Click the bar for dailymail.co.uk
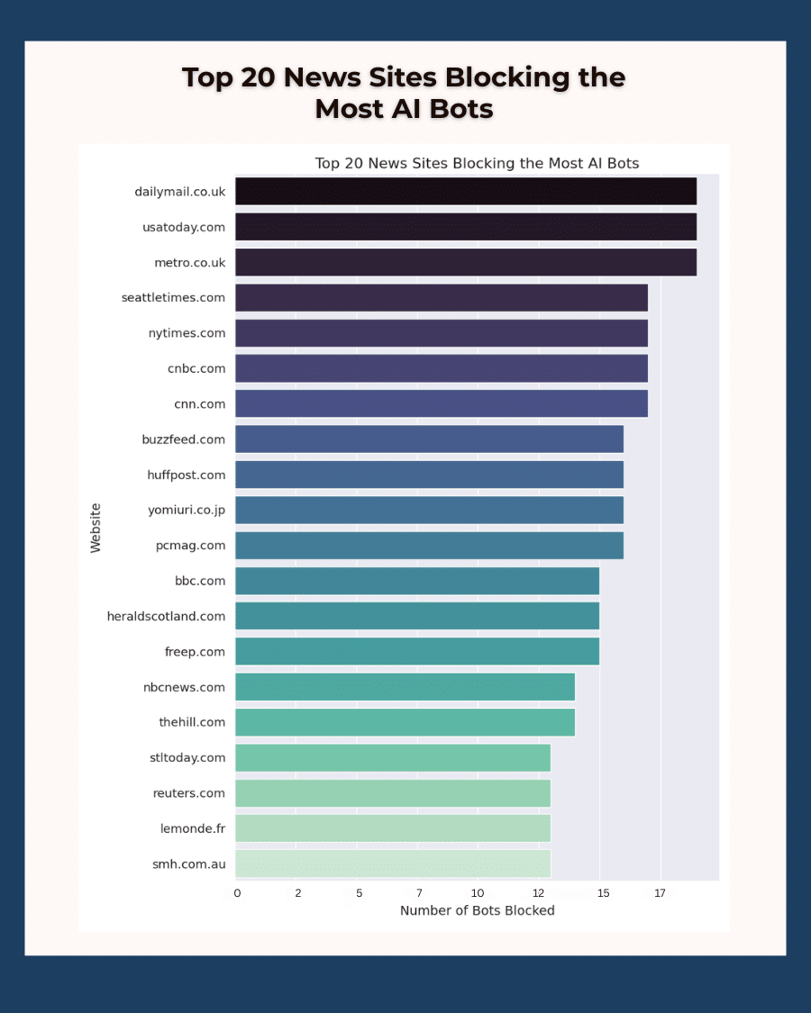click(x=465, y=191)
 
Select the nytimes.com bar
click(x=441, y=333)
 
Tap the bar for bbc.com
click(x=416, y=581)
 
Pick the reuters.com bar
click(x=392, y=793)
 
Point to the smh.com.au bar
click(x=392, y=864)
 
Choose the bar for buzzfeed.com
click(x=429, y=439)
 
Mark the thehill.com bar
click(x=405, y=722)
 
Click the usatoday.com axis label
click(x=184, y=227)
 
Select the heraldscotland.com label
click(x=166, y=616)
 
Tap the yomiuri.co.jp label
click(x=187, y=511)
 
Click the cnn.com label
click(x=200, y=404)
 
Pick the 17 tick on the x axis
click(x=660, y=893)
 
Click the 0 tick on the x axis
click(x=237, y=893)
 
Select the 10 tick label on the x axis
click(x=478, y=893)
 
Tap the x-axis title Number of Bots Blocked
click(x=477, y=910)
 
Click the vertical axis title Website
click(x=96, y=528)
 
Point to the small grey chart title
click(x=477, y=164)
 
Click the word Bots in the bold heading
click(x=460, y=109)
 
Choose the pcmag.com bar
click(x=429, y=546)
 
